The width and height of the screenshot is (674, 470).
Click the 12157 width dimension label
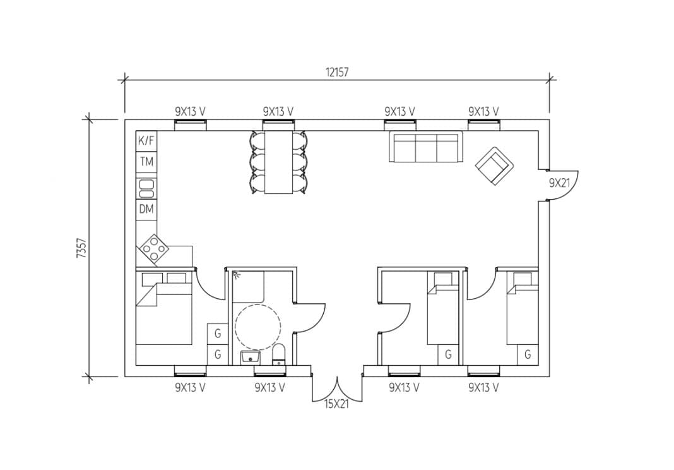[337, 72]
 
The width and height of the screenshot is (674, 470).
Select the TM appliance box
[146, 162]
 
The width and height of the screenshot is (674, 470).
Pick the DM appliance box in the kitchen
[146, 209]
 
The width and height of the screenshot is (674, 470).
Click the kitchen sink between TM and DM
[146, 186]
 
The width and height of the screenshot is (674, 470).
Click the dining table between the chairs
[278, 162]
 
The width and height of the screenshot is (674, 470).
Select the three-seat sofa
[425, 147]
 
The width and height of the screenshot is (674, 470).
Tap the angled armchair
[494, 166]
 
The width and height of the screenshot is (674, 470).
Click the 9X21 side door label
[559, 183]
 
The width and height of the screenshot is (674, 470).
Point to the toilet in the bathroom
[279, 355]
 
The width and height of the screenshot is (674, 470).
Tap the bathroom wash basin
[251, 358]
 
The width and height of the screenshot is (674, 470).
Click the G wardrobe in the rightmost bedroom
[528, 355]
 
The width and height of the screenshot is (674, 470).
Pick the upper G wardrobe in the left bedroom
[217, 333]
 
